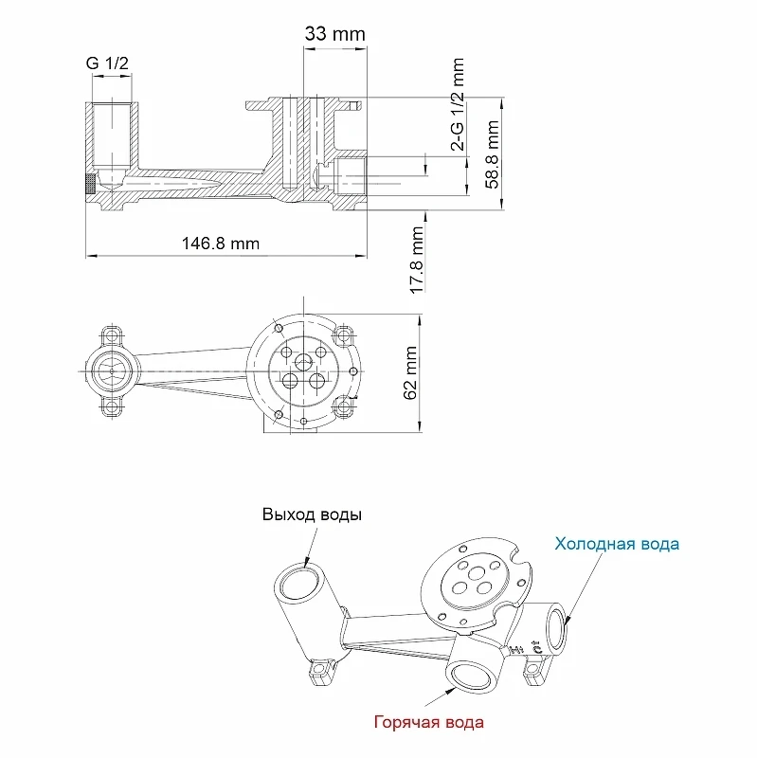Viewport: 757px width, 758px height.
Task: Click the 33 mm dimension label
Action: tap(334, 34)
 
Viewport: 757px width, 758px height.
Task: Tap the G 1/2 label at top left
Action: tap(107, 63)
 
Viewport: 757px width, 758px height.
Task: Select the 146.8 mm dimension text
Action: tap(221, 243)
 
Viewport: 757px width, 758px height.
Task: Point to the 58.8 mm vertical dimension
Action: tap(493, 154)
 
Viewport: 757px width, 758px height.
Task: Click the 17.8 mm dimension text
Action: tap(417, 260)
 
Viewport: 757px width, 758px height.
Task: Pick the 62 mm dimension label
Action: tap(410, 372)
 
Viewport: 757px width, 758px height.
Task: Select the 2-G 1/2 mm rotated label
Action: tap(458, 104)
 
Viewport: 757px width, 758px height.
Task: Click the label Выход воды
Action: tap(312, 514)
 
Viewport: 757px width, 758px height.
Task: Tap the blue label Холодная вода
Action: tap(617, 543)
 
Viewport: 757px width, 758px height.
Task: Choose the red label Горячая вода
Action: tap(429, 722)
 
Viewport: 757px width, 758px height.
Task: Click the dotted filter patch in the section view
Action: tap(90, 184)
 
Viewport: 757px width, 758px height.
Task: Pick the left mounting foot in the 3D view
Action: tap(321, 671)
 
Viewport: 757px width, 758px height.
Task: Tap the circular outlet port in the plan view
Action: tap(112, 371)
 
